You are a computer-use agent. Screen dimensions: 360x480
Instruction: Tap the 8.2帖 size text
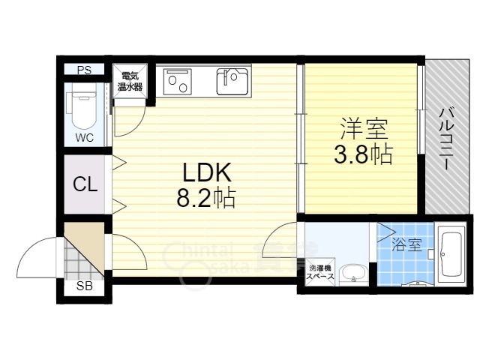(207, 199)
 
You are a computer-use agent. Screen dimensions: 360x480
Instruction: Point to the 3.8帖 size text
(363, 155)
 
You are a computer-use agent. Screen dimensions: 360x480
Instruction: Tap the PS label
(84, 70)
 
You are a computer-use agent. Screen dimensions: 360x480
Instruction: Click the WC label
(83, 137)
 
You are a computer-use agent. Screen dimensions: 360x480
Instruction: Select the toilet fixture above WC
(82, 109)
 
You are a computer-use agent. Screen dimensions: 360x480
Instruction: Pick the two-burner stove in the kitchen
(179, 81)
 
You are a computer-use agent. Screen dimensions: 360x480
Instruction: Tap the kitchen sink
(233, 81)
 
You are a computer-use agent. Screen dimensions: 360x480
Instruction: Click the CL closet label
(84, 184)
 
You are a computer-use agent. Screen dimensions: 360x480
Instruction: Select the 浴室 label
(406, 244)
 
